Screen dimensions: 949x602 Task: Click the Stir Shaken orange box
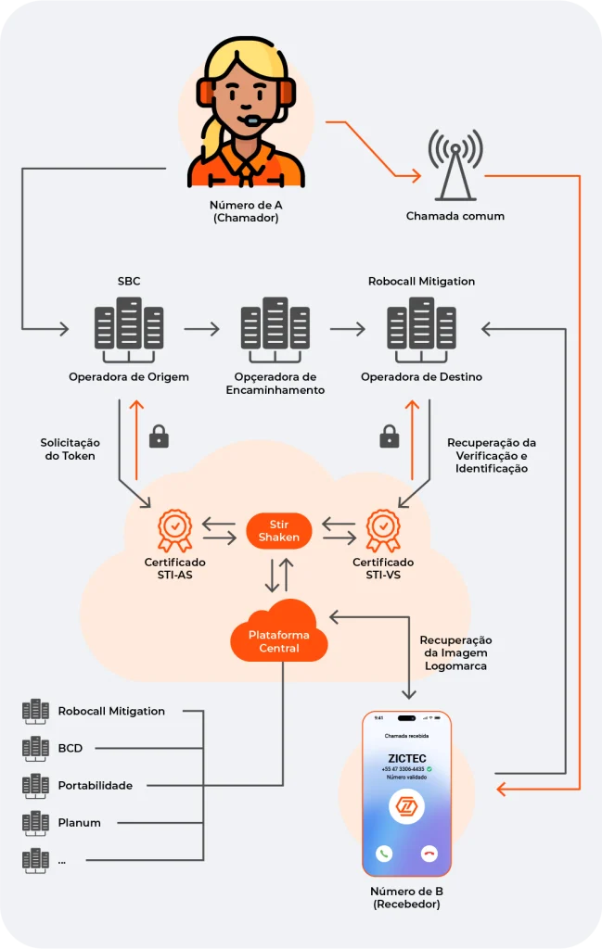(279, 530)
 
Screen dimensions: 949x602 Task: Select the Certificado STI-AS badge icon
(174, 529)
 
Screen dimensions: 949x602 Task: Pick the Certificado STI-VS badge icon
(382, 529)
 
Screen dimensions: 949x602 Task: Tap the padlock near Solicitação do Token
(160, 436)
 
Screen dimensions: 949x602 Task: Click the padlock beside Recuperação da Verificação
(390, 436)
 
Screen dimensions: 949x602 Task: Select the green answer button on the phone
(384, 854)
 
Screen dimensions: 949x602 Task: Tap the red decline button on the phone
(429, 854)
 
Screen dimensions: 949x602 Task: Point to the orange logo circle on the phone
(406, 806)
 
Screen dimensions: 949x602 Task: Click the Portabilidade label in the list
(95, 785)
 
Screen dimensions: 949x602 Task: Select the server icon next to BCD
(35, 748)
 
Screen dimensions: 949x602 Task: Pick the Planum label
(79, 822)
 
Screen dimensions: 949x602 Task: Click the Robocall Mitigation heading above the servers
(421, 281)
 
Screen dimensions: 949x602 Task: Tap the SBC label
(129, 281)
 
